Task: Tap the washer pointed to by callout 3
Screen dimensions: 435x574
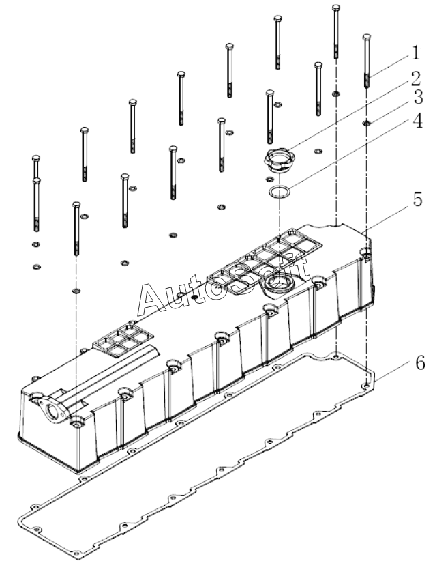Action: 367,123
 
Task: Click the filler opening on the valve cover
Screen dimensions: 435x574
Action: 279,282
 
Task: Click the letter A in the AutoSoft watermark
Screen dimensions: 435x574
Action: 151,299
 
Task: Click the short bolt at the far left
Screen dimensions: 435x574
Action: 36,167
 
